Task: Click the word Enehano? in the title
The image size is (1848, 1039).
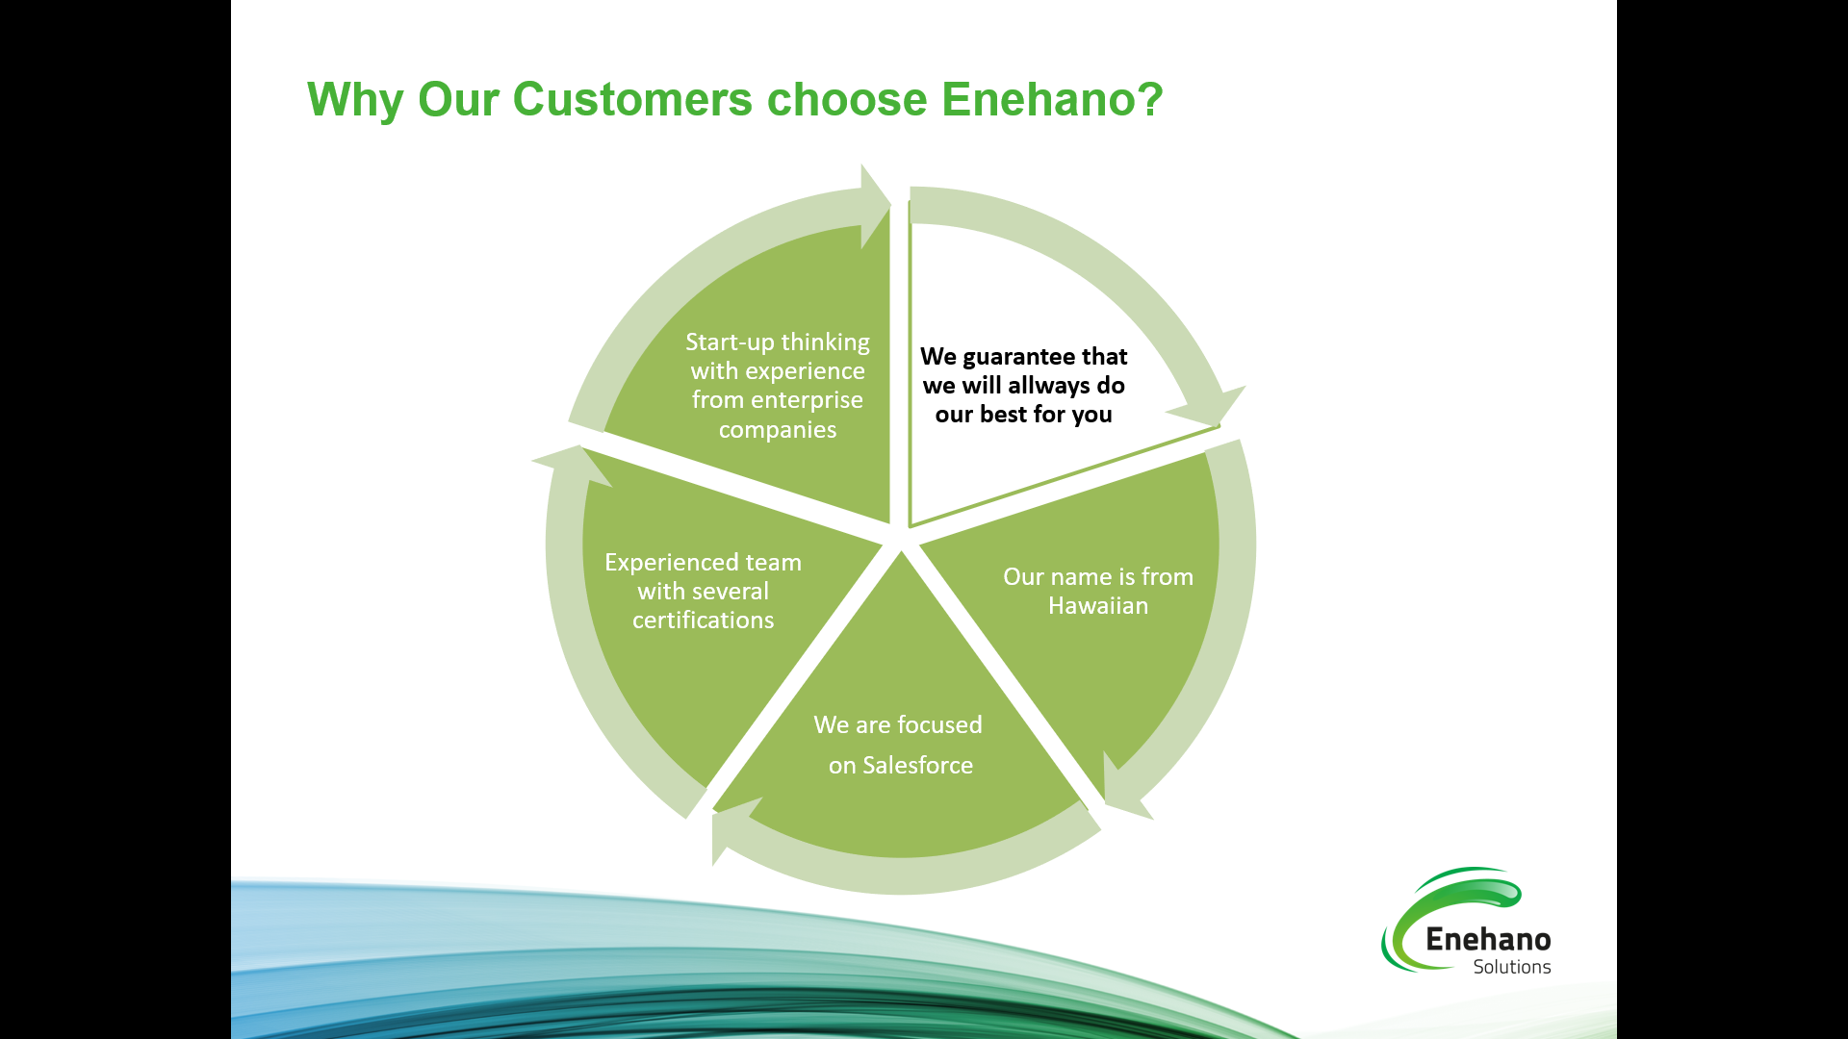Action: pos(1052,99)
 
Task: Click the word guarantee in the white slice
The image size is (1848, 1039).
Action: pos(1018,357)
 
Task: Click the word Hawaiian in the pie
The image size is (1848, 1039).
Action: pos(1098,606)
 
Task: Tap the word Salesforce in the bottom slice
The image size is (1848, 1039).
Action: pos(917,766)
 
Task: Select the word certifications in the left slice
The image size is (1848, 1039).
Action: pos(703,621)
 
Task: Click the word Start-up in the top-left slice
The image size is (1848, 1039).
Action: pos(729,342)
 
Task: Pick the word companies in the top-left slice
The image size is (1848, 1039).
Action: pos(778,430)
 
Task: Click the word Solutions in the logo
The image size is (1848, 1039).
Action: pos(1511,967)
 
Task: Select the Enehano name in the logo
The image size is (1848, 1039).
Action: pos(1488,939)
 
